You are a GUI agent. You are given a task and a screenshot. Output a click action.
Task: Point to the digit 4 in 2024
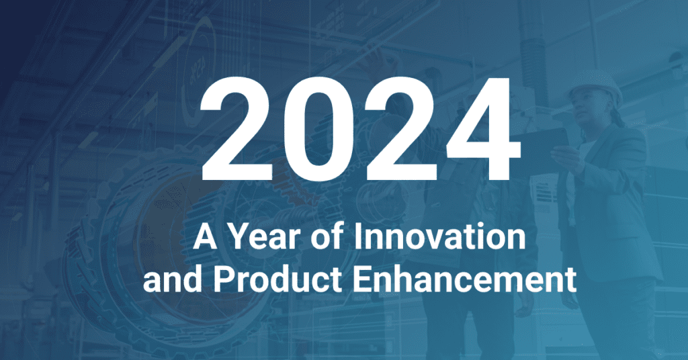[x=482, y=129]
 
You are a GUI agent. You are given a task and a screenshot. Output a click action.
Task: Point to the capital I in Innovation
[x=357, y=236]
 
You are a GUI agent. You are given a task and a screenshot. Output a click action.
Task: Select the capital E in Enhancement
[x=362, y=279]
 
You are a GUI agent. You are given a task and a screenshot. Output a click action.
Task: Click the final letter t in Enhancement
[x=570, y=281]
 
